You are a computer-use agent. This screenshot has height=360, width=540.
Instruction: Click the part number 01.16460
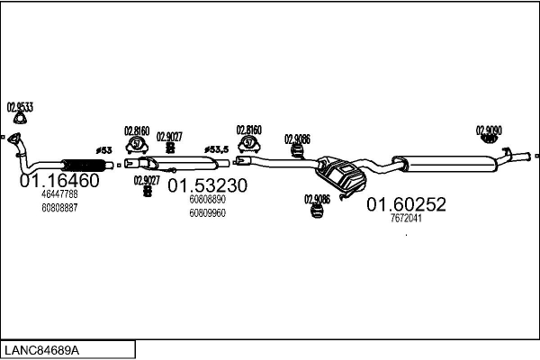pyautogui.click(x=59, y=180)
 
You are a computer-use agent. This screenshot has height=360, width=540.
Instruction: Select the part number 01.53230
pyautogui.click(x=208, y=186)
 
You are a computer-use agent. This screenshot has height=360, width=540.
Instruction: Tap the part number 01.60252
pyautogui.click(x=405, y=205)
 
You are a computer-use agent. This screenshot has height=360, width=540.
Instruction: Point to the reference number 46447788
pyautogui.click(x=59, y=194)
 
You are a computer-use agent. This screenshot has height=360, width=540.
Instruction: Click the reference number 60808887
pyautogui.click(x=59, y=207)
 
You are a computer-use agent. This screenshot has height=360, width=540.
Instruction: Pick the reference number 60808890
pyautogui.click(x=207, y=200)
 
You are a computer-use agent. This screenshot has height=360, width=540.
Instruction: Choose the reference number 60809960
pyautogui.click(x=207, y=213)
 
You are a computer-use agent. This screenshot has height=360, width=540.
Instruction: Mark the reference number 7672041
pyautogui.click(x=404, y=218)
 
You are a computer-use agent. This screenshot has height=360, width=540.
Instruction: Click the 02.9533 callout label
pyautogui.click(x=20, y=107)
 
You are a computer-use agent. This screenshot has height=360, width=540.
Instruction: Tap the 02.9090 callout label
pyautogui.click(x=489, y=129)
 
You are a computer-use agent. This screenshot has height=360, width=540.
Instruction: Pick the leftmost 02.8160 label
pyautogui.click(x=136, y=130)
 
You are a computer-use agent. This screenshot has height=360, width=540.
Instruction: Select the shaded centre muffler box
pyautogui.click(x=341, y=173)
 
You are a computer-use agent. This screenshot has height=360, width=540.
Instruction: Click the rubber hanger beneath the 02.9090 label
pyautogui.click(x=489, y=139)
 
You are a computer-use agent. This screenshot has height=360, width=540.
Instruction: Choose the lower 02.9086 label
pyautogui.click(x=317, y=199)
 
